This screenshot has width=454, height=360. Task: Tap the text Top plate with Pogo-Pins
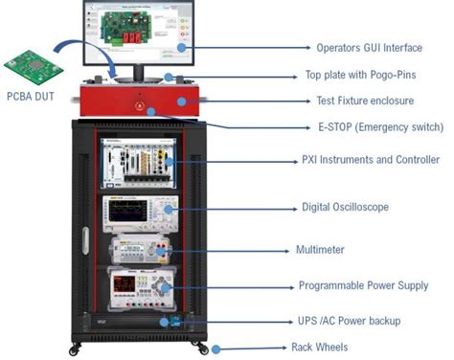coord(362,75)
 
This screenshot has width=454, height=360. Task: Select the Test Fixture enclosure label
coord(365,101)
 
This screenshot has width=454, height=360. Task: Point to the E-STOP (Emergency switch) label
coord(379,126)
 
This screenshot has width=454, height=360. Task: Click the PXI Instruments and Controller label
coord(370,160)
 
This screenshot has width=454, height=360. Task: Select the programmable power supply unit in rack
coord(141,283)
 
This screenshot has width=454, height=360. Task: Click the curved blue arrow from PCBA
coord(84,48)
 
